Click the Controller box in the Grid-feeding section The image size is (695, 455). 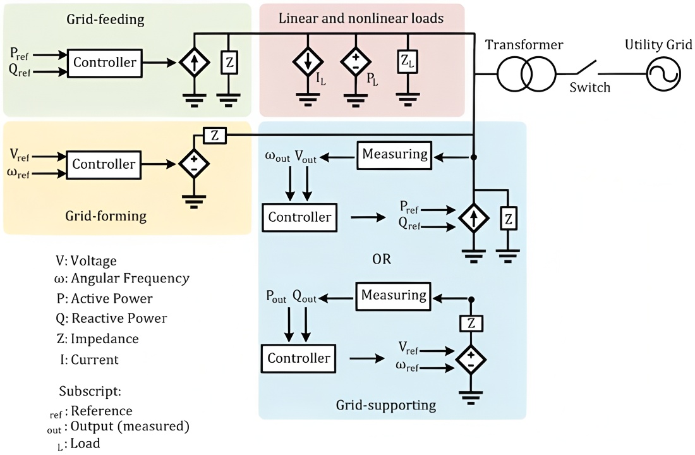tap(104, 63)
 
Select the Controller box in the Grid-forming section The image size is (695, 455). tap(104, 164)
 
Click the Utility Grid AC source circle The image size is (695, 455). tap(663, 75)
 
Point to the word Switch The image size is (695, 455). tap(590, 87)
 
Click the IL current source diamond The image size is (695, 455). tap(308, 62)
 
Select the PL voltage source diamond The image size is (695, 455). tap(356, 62)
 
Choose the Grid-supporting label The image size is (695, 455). tap(394, 404)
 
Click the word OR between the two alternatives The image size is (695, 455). tap(381, 259)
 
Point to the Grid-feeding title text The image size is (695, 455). tap(106, 20)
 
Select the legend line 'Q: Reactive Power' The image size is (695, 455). tap(111, 318)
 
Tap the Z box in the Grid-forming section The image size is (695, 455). tap(214, 135)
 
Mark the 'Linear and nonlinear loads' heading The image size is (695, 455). tap(361, 18)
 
